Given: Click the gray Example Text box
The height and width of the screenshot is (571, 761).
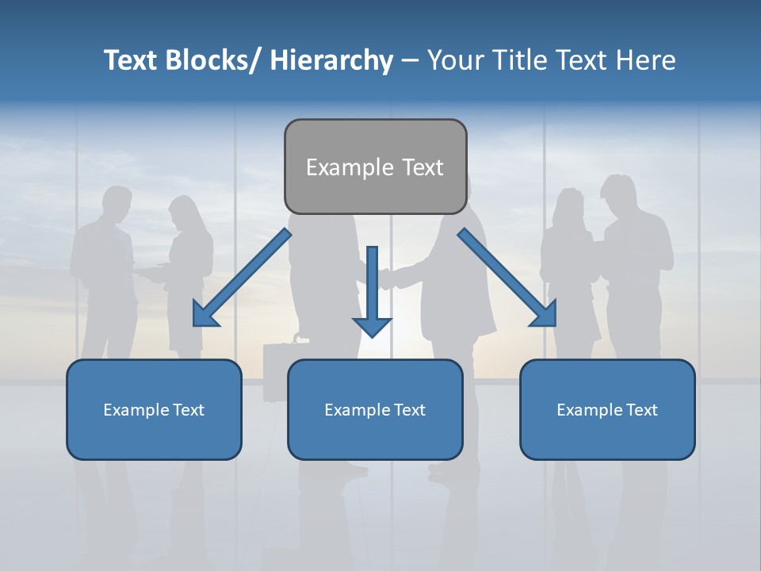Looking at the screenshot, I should pyautogui.click(x=375, y=167).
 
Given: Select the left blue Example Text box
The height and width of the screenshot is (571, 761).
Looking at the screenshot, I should pyautogui.click(x=154, y=409).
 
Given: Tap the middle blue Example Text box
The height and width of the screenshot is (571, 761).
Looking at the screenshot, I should pyautogui.click(x=375, y=409).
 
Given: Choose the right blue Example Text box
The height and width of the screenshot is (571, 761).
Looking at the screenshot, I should pyautogui.click(x=607, y=409).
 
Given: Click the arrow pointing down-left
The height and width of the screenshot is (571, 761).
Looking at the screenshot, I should pyautogui.click(x=242, y=278).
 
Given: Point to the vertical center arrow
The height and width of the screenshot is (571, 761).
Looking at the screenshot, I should pyautogui.click(x=372, y=285).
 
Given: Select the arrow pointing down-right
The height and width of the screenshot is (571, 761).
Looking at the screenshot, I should pyautogui.click(x=507, y=278).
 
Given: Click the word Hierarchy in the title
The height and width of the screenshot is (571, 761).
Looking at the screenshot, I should pyautogui.click(x=331, y=60).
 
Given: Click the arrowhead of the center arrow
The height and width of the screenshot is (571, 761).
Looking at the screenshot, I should pyautogui.click(x=372, y=326).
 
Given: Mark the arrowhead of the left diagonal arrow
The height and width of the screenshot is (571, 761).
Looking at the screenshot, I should pyautogui.click(x=204, y=316).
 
